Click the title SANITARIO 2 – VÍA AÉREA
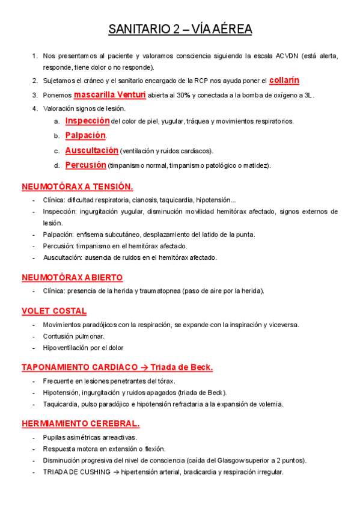(x=180, y=29)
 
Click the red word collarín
(x=284, y=80)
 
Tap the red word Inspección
(x=87, y=121)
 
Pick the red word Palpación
(x=85, y=135)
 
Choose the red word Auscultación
(x=91, y=150)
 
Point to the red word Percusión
(x=86, y=165)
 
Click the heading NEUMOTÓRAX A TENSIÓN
(x=77, y=186)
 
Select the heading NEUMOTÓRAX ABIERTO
(x=72, y=277)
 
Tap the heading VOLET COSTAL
(x=54, y=311)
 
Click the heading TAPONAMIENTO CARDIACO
(x=79, y=367)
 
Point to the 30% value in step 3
(x=184, y=95)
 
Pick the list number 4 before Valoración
(x=35, y=108)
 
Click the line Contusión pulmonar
(x=73, y=336)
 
